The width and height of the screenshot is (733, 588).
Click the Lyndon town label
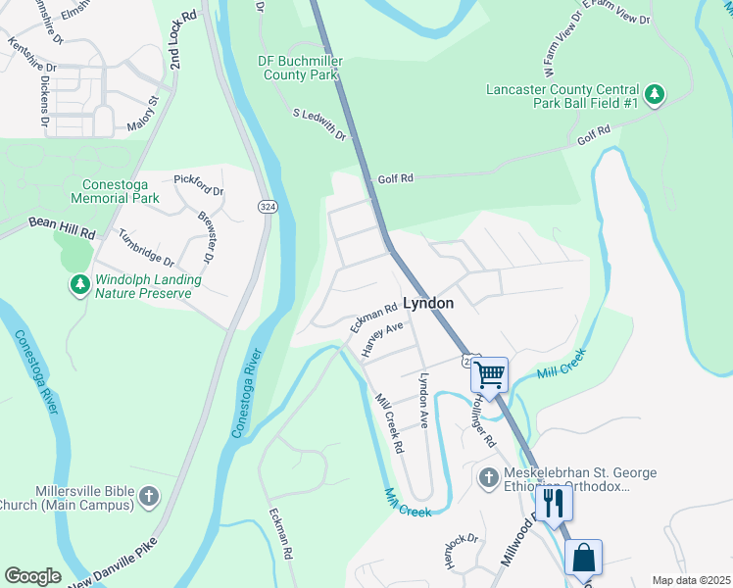point(428,304)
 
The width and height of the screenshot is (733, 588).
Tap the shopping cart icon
point(489,374)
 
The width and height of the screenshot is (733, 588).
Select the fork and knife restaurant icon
point(554,503)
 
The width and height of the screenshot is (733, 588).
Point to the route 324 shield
point(267,207)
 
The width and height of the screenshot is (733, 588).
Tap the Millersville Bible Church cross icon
point(148,497)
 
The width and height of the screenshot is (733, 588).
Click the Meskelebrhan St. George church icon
point(488,479)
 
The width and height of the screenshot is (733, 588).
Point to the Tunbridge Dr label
point(146,248)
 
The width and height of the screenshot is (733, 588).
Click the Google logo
point(32,575)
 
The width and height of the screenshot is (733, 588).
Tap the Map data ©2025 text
point(690,580)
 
